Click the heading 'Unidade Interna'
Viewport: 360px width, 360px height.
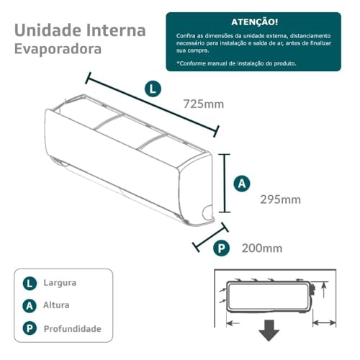(x=80, y=30)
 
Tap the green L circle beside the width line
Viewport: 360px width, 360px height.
(x=153, y=89)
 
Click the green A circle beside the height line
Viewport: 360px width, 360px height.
(x=243, y=184)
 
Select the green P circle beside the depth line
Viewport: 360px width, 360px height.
(x=222, y=248)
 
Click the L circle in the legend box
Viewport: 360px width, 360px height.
(x=30, y=283)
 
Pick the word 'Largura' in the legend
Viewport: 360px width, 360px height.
(x=60, y=283)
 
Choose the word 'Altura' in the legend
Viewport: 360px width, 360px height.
(x=56, y=306)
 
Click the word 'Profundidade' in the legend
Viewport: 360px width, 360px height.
(x=72, y=329)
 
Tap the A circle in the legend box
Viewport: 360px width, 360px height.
(x=30, y=306)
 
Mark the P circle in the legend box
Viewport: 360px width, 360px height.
(x=30, y=329)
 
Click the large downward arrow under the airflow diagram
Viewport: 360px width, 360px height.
(x=270, y=330)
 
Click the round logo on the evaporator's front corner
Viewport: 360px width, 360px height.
(x=208, y=212)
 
